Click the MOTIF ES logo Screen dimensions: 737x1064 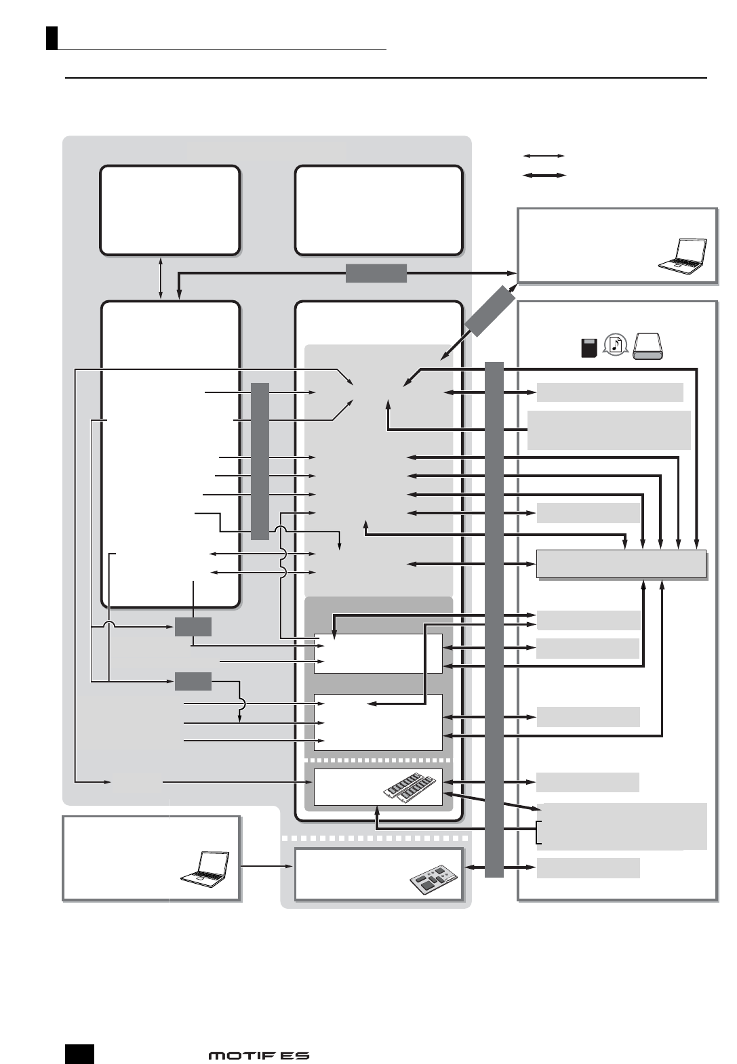coord(258,1055)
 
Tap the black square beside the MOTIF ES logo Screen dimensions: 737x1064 coord(79,1054)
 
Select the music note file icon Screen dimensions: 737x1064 coord(616,346)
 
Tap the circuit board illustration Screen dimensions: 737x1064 coord(434,880)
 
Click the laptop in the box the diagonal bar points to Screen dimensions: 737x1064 coord(683,256)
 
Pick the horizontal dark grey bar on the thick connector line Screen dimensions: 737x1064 coord(376,273)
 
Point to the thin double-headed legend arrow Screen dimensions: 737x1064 coord(544,156)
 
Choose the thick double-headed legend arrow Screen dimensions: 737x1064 coord(544,175)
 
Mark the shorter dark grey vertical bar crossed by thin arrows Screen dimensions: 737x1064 coord(260,461)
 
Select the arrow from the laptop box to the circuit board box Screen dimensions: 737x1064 coord(267,866)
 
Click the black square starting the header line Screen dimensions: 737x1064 coord(52,38)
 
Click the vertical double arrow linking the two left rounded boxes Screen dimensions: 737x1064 coord(161,278)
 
